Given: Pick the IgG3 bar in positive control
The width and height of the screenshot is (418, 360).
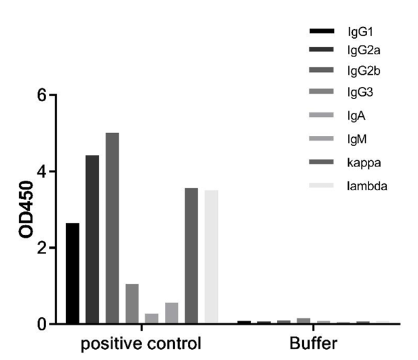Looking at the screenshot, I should click(132, 304).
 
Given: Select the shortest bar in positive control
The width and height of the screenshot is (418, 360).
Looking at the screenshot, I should click(152, 319).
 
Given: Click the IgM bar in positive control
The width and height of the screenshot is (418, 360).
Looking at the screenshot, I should click(172, 313).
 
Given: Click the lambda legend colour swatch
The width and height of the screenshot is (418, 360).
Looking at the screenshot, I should click(322, 185).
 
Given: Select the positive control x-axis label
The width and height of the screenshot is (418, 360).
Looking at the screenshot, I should click(141, 344).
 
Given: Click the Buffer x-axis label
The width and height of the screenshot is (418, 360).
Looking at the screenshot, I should click(312, 344).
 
